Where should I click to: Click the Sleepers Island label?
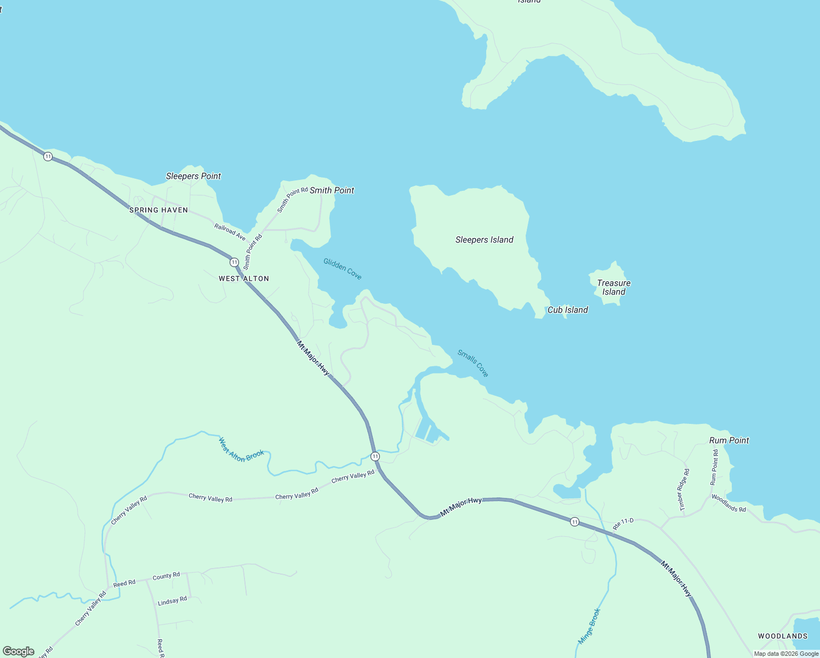[x=484, y=240]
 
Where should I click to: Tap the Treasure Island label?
[x=613, y=287]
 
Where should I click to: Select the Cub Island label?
[x=567, y=310]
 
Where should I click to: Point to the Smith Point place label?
[x=332, y=190]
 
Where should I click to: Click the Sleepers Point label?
[x=193, y=176]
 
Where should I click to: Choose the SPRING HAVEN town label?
[x=158, y=210]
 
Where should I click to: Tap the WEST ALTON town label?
[x=244, y=279]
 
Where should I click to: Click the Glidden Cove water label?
[x=343, y=269]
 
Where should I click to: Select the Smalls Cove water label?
[x=473, y=363]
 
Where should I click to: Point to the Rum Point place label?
[x=728, y=440]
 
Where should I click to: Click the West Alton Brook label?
[x=241, y=449]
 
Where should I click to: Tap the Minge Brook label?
[x=590, y=626]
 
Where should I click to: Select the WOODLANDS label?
[x=782, y=636]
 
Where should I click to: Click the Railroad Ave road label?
[x=230, y=232]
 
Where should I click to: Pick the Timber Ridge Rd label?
[x=684, y=490]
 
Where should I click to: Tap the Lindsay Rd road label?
[x=172, y=601]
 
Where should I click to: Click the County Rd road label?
[x=166, y=576]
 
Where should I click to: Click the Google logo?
[x=19, y=651]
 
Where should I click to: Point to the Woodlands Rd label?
[x=728, y=503]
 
